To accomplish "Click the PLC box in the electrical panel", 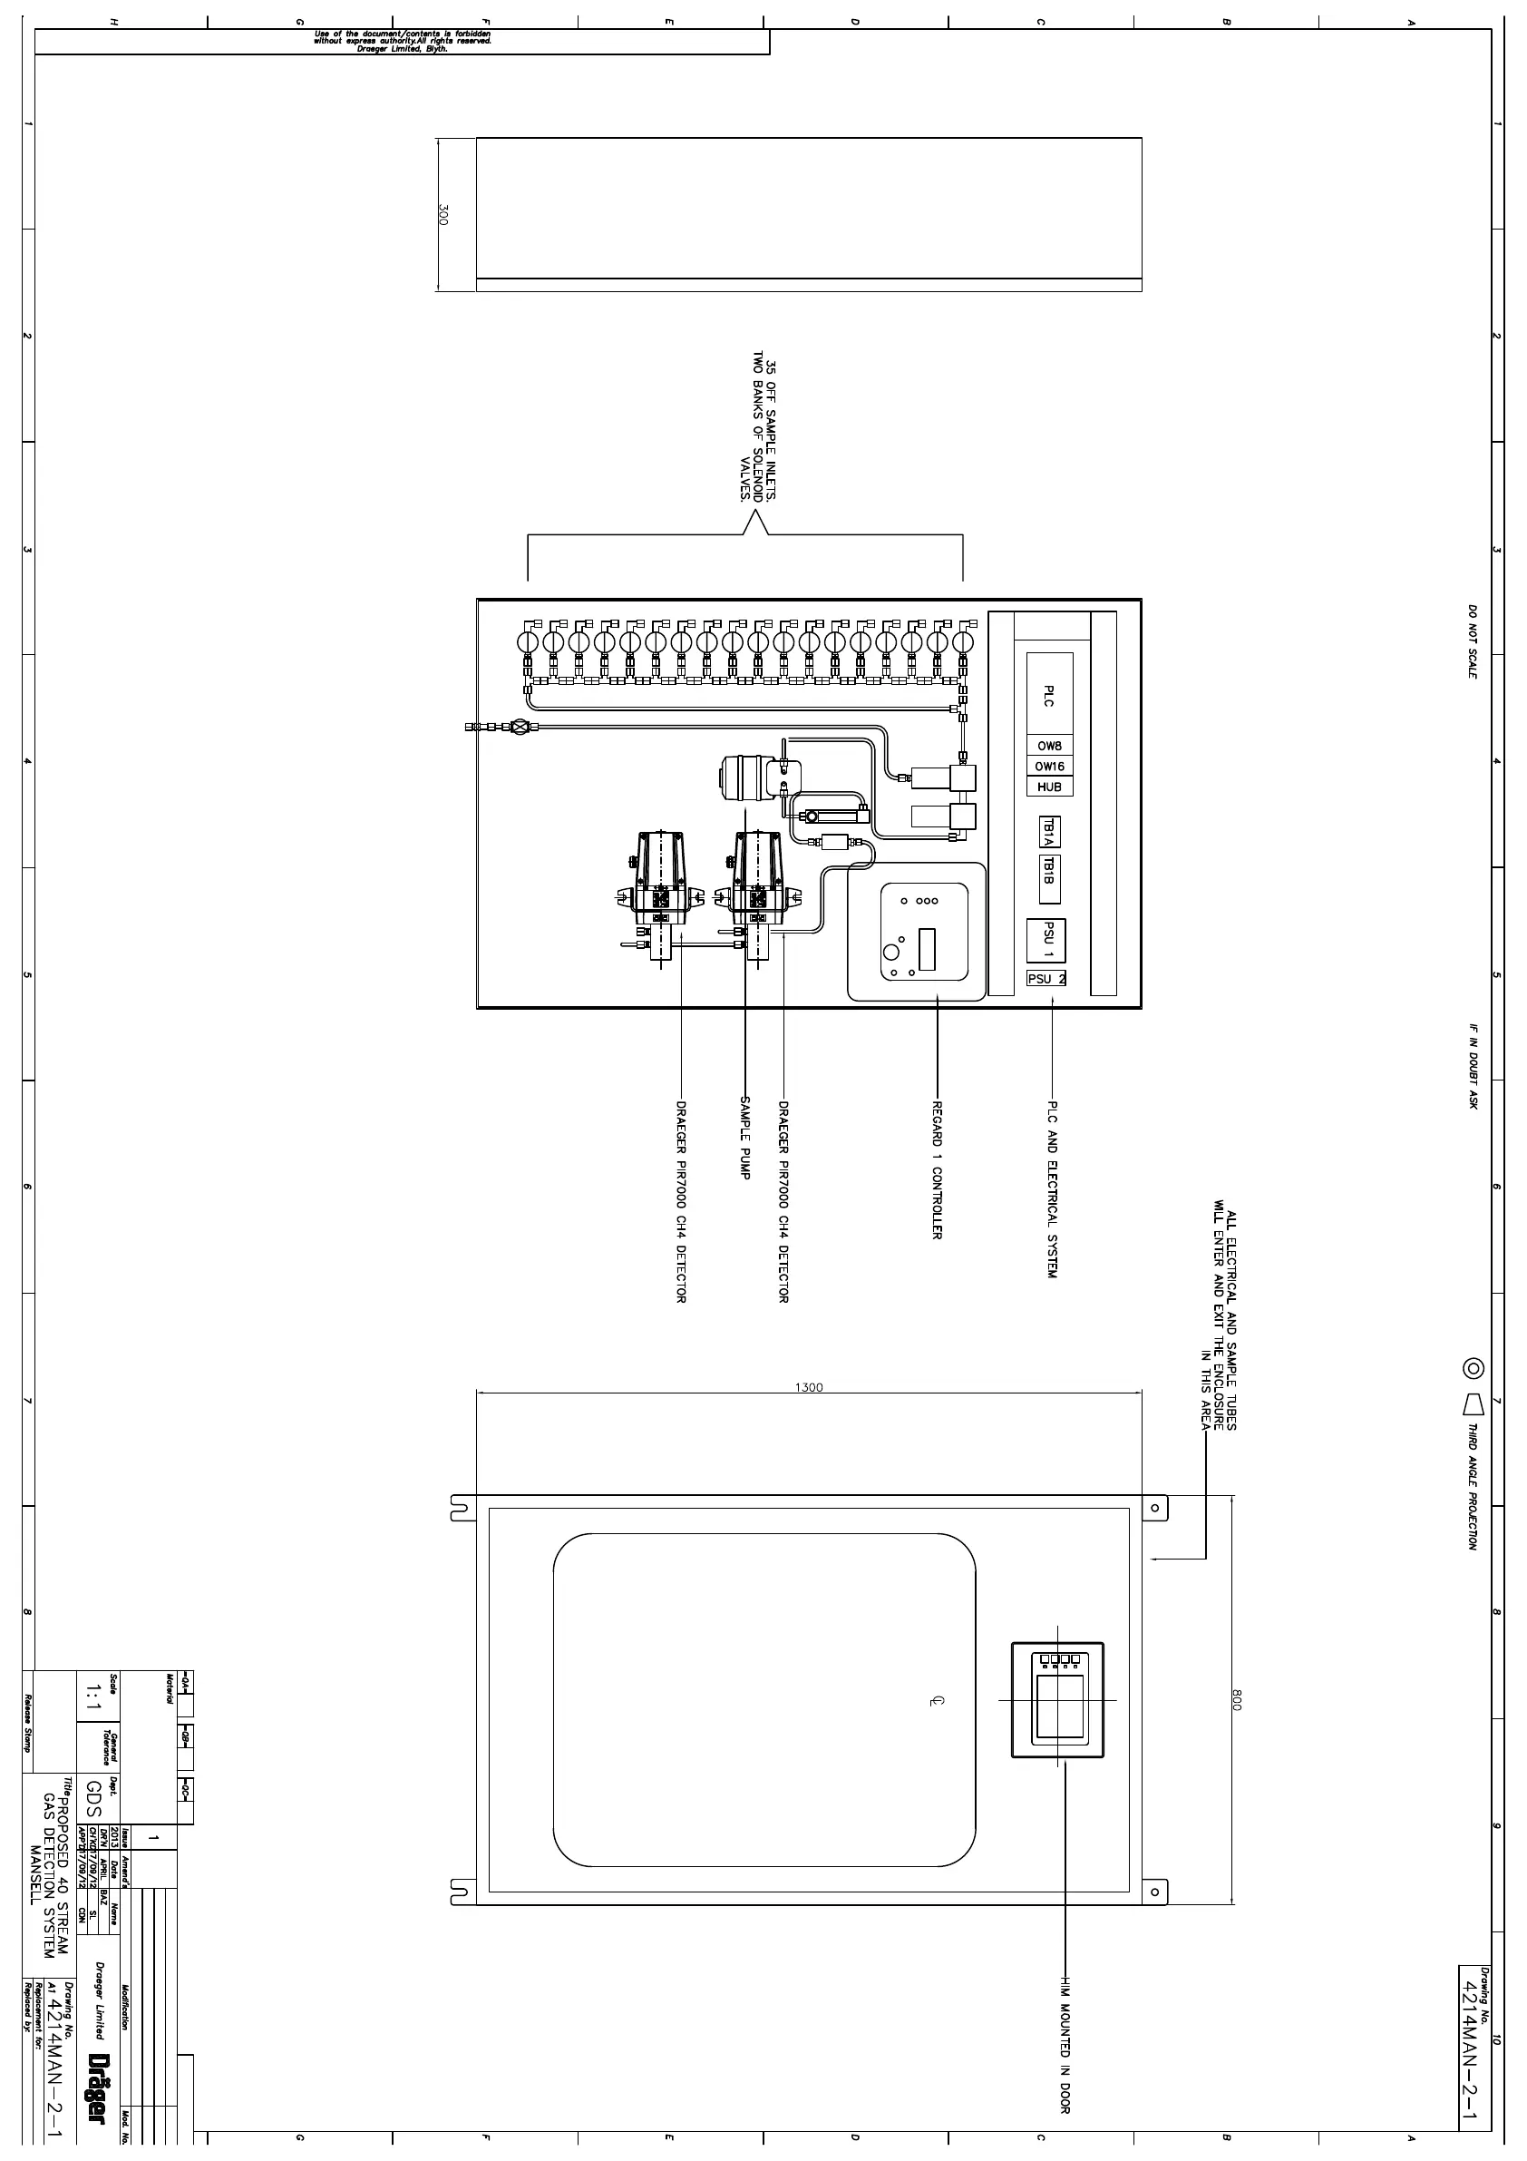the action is pyautogui.click(x=1049, y=695).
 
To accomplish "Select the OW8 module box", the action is pyautogui.click(x=1049, y=746).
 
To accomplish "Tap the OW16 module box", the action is pyautogui.click(x=1049, y=766).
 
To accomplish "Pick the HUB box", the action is pyautogui.click(x=1049, y=787).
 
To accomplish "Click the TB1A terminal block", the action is pyautogui.click(x=1049, y=832).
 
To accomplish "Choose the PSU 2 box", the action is pyautogui.click(x=1046, y=979).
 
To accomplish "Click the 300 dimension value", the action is pyautogui.click(x=443, y=215).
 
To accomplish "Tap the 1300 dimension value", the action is pyautogui.click(x=808, y=1387).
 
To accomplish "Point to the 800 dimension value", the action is pyautogui.click(x=1237, y=1700).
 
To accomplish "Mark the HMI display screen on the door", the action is pyautogui.click(x=1058, y=1706).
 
